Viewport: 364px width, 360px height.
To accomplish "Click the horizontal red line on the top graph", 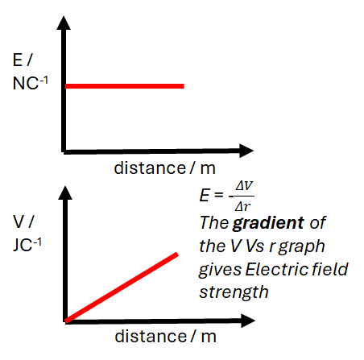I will [125, 85].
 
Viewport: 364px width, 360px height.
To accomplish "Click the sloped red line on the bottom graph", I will [121, 288].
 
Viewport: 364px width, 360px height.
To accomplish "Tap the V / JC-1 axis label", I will [24, 233].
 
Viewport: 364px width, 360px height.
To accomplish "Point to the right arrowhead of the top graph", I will [246, 150].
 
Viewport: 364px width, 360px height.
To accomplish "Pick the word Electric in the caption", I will [271, 268].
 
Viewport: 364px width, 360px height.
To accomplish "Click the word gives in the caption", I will [218, 268].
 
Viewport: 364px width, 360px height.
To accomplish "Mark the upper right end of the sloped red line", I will [176, 254].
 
